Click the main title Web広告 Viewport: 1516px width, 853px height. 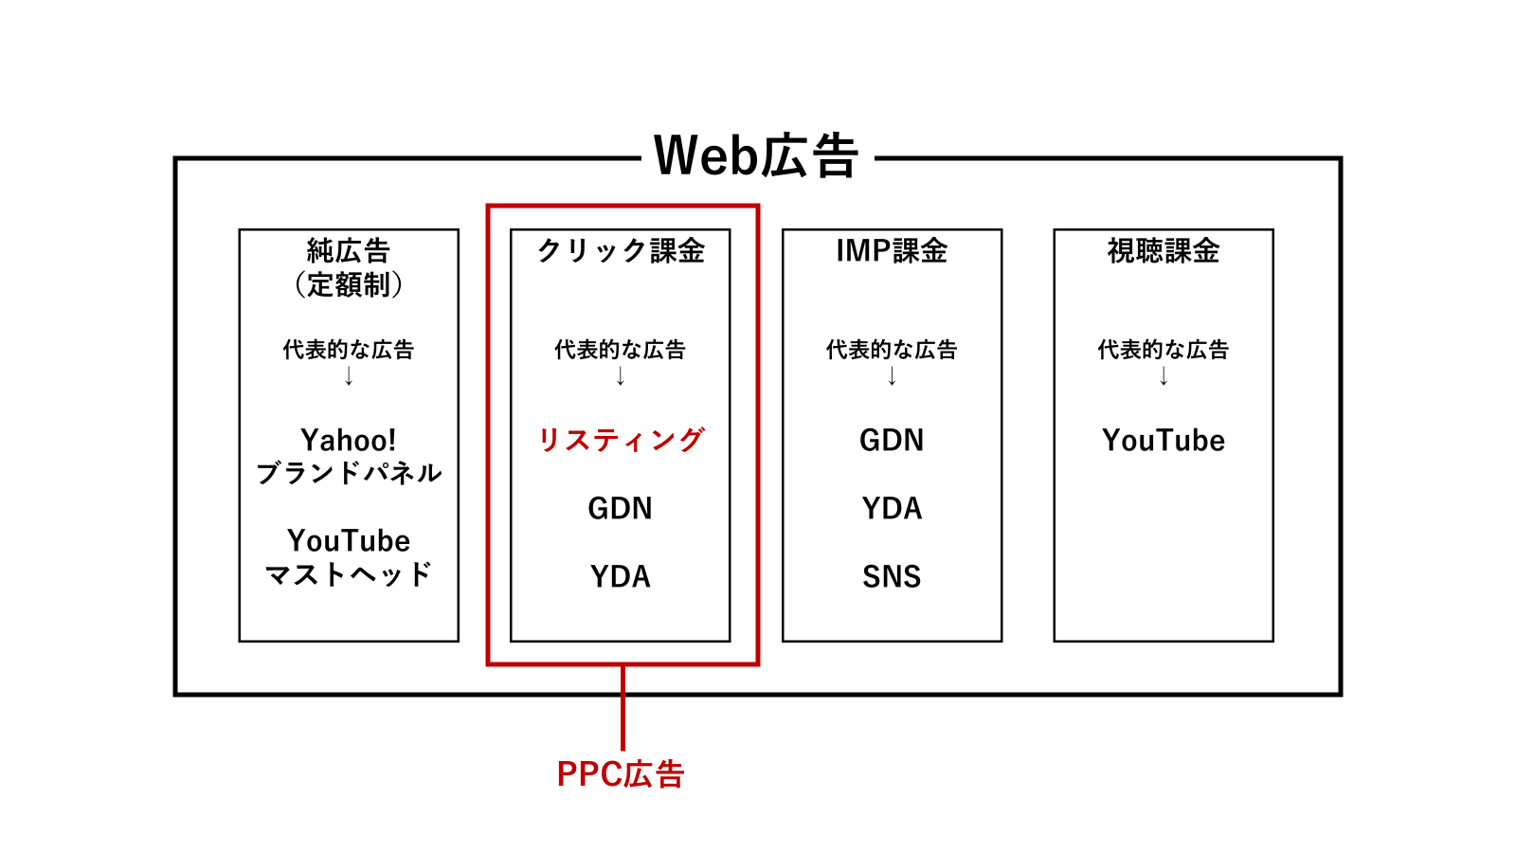pyautogui.click(x=756, y=155)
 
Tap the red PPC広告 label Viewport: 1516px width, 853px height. pyautogui.click(x=621, y=773)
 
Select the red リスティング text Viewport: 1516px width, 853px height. pyautogui.click(x=621, y=440)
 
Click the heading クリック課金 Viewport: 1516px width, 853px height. pyautogui.click(x=621, y=250)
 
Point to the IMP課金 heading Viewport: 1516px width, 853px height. pyautogui.click(x=892, y=250)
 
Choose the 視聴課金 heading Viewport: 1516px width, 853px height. pyautogui.click(x=1164, y=250)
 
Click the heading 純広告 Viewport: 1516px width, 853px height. pyautogui.click(x=349, y=250)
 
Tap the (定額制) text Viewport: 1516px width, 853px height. pyautogui.click(x=349, y=284)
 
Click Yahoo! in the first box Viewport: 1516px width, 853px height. pyautogui.click(x=349, y=440)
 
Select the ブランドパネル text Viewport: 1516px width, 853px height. pyautogui.click(x=349, y=473)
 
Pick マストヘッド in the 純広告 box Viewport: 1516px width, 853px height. pyautogui.click(x=349, y=574)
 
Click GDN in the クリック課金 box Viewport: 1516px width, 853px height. pyautogui.click(x=620, y=508)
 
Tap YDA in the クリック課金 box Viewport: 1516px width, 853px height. pyautogui.click(x=620, y=577)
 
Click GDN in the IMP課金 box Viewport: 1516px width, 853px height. pyautogui.click(x=892, y=440)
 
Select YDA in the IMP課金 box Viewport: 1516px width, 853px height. pyautogui.click(x=892, y=508)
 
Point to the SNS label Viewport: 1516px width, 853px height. pyautogui.click(x=892, y=577)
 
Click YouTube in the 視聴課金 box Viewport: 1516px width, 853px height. pyautogui.click(x=1164, y=440)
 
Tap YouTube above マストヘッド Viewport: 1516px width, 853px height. pyautogui.click(x=349, y=541)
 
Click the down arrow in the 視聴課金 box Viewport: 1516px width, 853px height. pyautogui.click(x=1164, y=375)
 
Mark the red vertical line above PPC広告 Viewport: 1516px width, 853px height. pyautogui.click(x=623, y=707)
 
